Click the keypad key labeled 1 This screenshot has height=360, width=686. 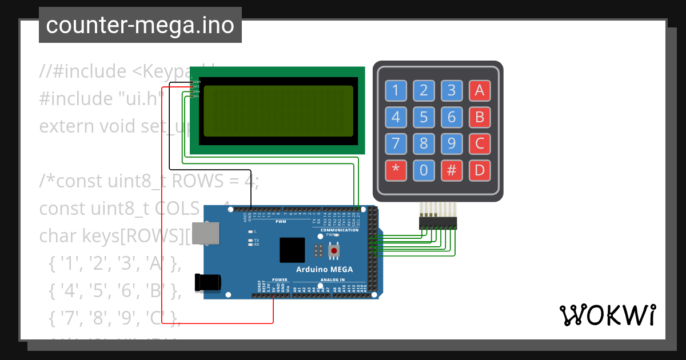396,90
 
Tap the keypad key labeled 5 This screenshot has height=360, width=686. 424,117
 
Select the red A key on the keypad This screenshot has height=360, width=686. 480,90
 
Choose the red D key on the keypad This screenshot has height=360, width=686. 480,170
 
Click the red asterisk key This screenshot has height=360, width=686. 396,170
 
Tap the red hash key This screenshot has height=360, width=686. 452,170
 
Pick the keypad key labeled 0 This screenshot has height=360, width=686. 424,170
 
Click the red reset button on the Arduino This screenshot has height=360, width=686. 334,250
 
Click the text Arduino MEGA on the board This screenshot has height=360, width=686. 324,269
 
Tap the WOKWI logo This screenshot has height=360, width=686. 607,315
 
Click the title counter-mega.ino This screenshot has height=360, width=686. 140,26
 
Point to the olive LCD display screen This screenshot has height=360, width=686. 277,111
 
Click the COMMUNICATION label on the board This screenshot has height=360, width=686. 340,230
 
